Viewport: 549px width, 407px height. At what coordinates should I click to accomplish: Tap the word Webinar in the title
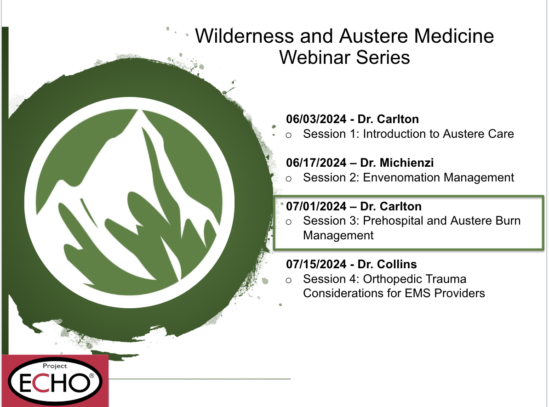314,57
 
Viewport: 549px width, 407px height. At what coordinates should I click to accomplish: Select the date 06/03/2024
316,119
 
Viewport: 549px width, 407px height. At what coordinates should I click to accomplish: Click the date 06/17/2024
316,163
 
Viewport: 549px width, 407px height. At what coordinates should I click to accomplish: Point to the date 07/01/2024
316,206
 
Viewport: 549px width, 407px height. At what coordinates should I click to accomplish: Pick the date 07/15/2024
316,264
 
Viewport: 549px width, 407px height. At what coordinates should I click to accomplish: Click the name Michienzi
406,163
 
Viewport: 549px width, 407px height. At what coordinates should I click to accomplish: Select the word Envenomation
397,177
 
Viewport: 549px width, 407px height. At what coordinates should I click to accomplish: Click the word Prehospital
393,220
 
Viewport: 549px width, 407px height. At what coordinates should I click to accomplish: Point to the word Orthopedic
394,279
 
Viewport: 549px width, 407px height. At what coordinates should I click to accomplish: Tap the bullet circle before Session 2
288,179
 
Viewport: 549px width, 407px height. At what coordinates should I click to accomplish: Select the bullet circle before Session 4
288,280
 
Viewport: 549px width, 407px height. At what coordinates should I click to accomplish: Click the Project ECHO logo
55,381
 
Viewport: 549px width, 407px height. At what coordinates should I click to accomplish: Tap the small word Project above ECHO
55,366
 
